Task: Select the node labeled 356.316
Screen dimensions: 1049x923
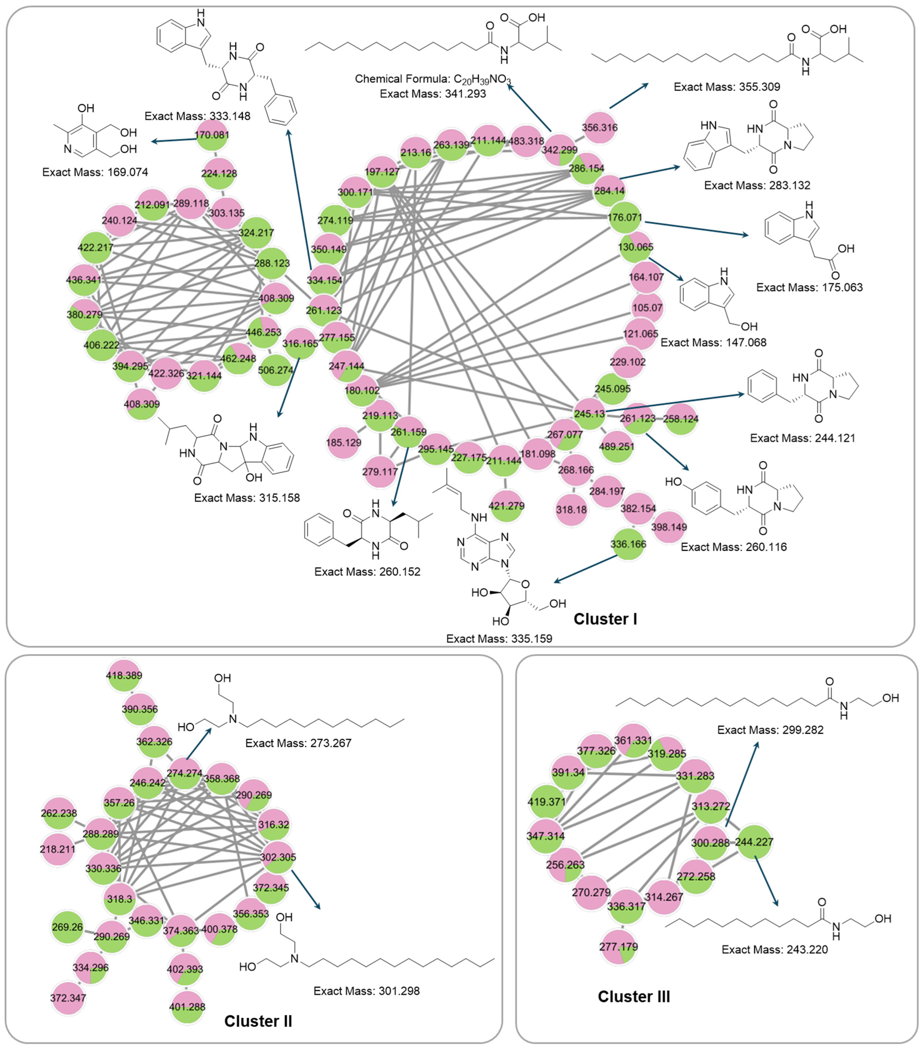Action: (599, 127)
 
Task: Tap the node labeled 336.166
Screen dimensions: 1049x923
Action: (628, 544)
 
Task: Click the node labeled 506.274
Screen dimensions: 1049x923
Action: (275, 369)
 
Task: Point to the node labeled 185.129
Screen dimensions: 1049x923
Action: (343, 442)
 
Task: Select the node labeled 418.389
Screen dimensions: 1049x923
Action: (124, 675)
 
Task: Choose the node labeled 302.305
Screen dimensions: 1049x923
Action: (278, 857)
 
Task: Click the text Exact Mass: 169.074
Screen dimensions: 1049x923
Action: (95, 172)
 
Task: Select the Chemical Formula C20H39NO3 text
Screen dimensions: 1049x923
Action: (433, 79)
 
